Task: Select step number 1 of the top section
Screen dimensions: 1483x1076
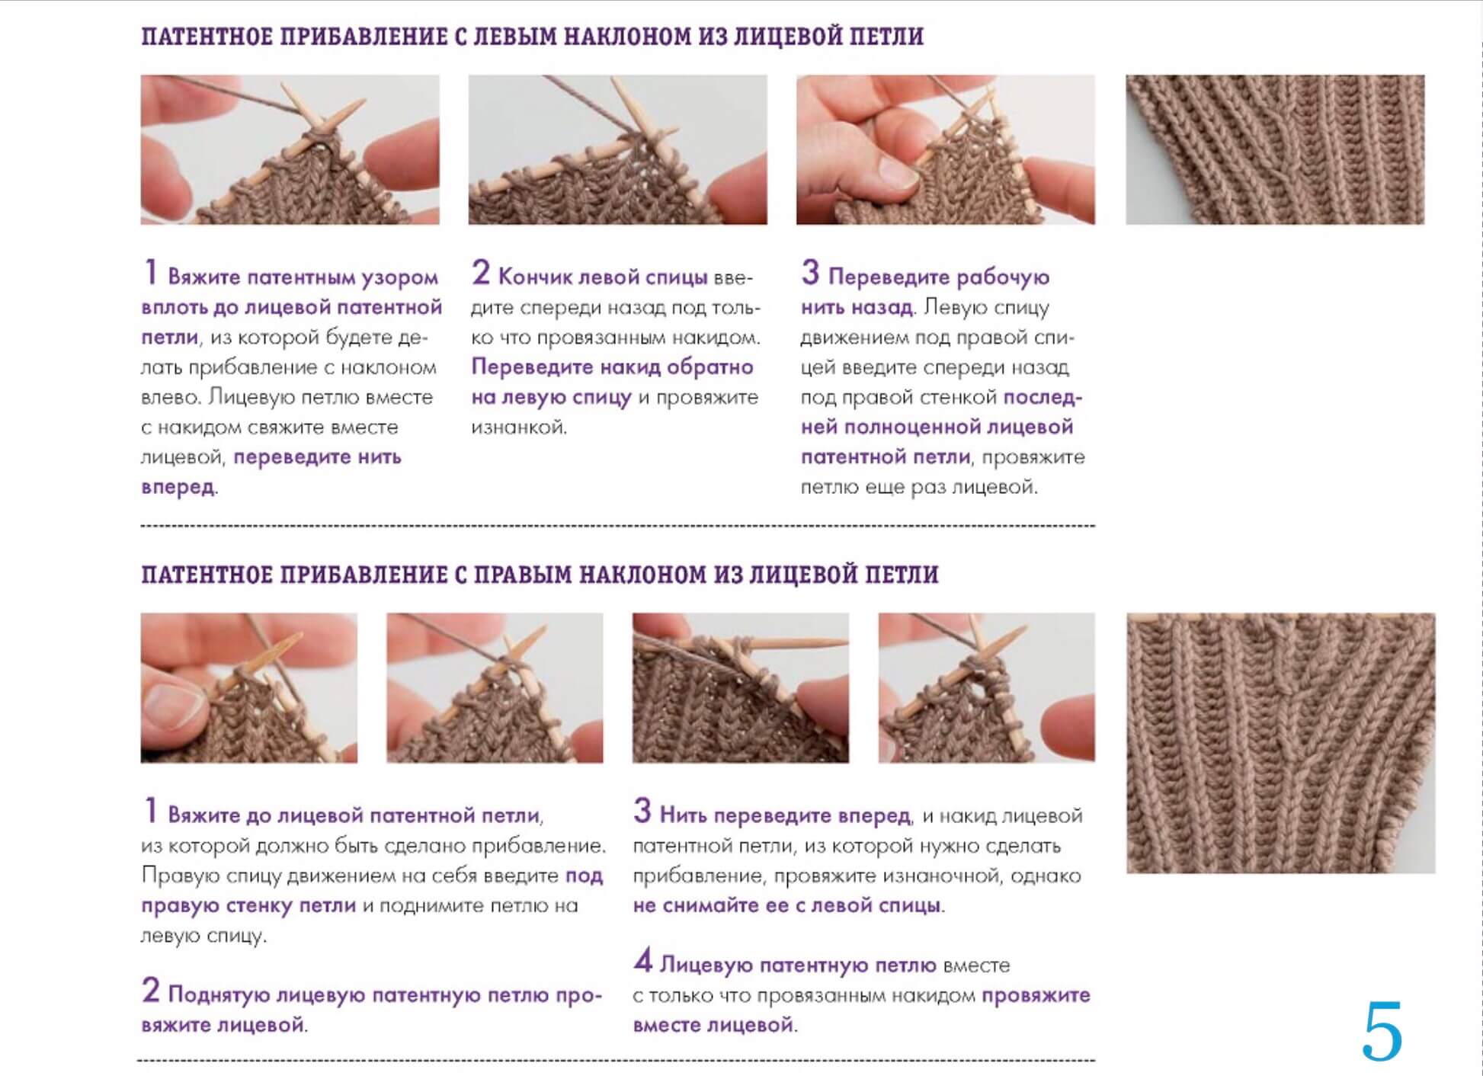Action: click(x=150, y=273)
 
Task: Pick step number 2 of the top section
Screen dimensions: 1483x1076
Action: click(x=480, y=273)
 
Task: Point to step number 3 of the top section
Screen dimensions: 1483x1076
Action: click(x=810, y=273)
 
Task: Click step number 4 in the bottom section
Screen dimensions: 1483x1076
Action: click(x=642, y=961)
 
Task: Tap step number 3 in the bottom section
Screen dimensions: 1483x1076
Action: click(x=642, y=811)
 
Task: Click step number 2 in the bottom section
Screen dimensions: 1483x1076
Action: click(x=150, y=991)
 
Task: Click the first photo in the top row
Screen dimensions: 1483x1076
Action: click(x=290, y=149)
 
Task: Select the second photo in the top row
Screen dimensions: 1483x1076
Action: click(x=617, y=149)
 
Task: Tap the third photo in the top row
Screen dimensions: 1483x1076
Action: click(x=946, y=149)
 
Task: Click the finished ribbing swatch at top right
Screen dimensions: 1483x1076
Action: click(x=1275, y=149)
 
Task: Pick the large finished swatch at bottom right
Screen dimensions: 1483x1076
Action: click(x=1281, y=743)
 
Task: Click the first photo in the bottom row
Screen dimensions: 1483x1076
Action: click(x=248, y=688)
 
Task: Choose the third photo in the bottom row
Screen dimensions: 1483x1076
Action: click(x=741, y=688)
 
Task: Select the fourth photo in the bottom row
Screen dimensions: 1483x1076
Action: click(x=987, y=688)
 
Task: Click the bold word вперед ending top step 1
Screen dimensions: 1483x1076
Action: click(x=178, y=487)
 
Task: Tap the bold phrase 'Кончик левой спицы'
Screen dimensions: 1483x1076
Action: click(x=603, y=277)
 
